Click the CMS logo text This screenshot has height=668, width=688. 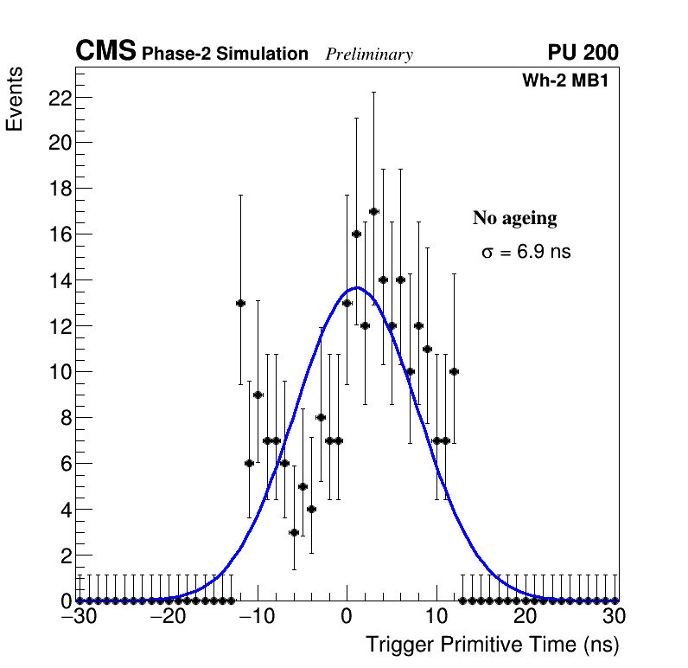click(x=105, y=52)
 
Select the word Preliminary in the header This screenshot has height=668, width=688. click(x=369, y=55)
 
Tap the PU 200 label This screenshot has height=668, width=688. click(x=583, y=53)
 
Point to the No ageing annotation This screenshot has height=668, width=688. click(x=514, y=218)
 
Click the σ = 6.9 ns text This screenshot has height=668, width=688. click(x=526, y=253)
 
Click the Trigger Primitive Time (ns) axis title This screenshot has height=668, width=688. click(x=492, y=645)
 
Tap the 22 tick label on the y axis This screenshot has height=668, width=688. click(x=58, y=97)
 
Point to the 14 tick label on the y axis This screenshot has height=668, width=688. click(x=58, y=280)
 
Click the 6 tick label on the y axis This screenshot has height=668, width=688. click(x=64, y=464)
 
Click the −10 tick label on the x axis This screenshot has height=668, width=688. click(x=257, y=616)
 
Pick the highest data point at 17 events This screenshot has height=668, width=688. click(x=373, y=211)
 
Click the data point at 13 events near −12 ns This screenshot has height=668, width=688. click(x=240, y=303)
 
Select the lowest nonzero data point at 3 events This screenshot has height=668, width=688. click(x=294, y=532)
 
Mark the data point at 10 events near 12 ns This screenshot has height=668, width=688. click(x=454, y=371)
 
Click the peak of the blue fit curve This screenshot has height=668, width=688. click(x=357, y=288)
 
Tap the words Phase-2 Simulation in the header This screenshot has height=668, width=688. click(x=225, y=55)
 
